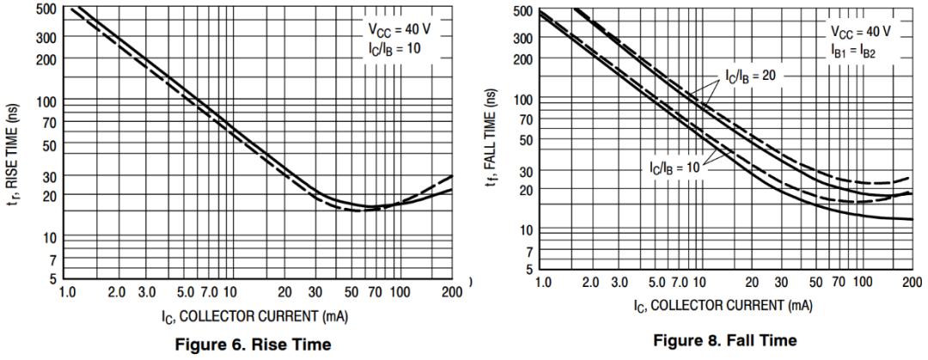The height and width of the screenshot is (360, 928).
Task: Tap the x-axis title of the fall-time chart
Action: (725, 306)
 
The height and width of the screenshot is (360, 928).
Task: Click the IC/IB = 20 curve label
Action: (750, 76)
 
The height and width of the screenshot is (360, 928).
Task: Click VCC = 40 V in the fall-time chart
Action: (860, 31)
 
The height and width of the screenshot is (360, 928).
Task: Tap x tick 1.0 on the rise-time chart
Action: (67, 293)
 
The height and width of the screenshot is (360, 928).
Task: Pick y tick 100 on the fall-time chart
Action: (522, 100)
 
